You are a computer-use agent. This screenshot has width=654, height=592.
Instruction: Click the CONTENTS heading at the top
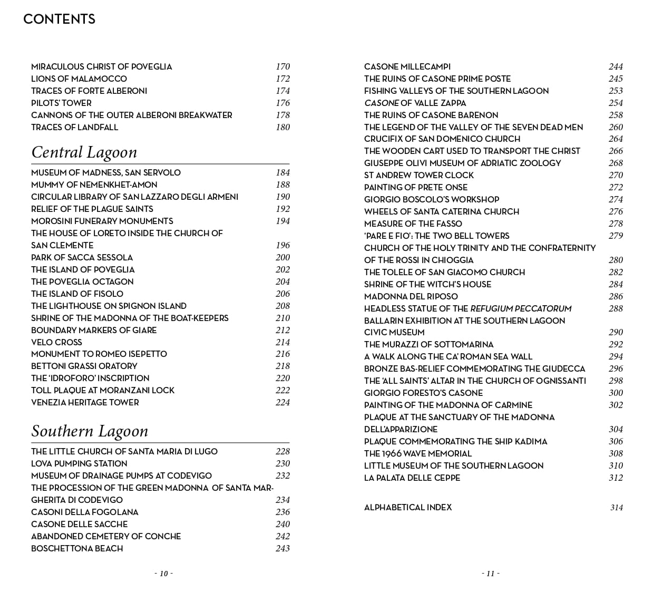coord(59,20)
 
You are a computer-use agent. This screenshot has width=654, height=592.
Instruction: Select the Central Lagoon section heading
coord(84,152)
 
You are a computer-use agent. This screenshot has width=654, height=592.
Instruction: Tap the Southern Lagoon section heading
coord(90,431)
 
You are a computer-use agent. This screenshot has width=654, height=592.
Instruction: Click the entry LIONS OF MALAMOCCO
coord(79,79)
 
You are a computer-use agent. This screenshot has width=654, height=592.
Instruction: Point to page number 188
coord(282,185)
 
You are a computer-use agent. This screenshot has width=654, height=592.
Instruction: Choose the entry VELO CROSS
coord(56,343)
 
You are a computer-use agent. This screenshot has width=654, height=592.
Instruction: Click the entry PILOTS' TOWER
coord(61,103)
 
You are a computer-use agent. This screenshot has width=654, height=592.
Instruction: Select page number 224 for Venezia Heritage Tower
coord(282,403)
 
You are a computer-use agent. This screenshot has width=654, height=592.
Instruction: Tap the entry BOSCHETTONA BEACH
coord(77,549)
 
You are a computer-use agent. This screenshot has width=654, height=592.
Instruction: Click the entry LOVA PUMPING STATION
coord(79,464)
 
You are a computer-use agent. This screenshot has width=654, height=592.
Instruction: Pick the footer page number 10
coord(163,574)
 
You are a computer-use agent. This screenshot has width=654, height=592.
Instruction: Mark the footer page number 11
coord(490,574)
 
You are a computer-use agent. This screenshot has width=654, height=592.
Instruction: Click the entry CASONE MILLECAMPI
coord(407,67)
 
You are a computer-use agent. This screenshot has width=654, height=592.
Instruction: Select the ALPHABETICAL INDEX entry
coord(408,508)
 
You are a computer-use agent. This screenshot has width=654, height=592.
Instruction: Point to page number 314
coord(616,508)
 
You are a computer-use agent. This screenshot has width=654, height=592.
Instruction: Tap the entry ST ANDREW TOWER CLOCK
coord(419,176)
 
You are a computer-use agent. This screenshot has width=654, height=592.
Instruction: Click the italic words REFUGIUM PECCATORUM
coord(521,309)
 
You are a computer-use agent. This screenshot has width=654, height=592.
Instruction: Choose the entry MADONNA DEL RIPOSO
coord(411,297)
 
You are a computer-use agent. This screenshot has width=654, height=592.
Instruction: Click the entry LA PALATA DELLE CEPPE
coord(412,478)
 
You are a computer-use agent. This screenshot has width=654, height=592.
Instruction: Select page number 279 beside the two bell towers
coord(616,236)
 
